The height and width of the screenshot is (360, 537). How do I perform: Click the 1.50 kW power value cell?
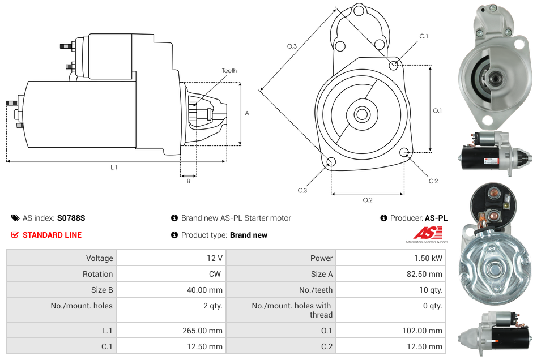[429, 258]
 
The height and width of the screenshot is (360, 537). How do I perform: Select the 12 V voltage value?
[214, 258]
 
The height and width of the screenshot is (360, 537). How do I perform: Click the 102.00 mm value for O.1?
[422, 331]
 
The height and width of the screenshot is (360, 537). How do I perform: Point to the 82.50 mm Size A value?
[424, 274]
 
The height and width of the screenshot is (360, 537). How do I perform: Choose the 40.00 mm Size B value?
[204, 290]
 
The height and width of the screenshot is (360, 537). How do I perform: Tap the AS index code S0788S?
[71, 218]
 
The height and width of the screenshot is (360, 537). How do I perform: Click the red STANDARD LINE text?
[52, 235]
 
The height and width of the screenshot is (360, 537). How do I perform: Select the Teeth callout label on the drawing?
[229, 71]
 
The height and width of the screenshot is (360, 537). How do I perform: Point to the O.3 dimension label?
[292, 46]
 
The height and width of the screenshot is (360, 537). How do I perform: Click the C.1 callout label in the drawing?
[423, 36]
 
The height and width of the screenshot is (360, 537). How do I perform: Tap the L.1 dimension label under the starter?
[114, 168]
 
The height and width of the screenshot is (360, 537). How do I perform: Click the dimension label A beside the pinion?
[246, 113]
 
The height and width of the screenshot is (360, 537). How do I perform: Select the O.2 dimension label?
[367, 200]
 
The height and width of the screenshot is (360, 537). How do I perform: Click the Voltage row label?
[99, 258]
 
